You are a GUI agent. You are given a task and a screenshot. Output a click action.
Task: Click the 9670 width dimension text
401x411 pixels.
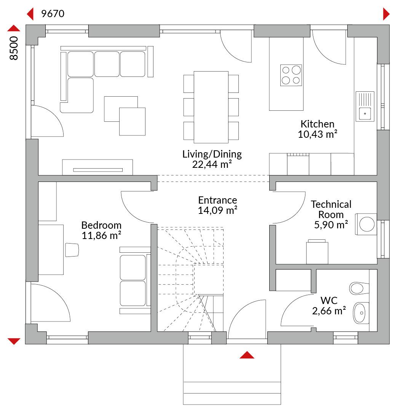tap(53, 14)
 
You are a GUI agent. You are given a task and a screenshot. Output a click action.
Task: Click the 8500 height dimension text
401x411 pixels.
tap(14, 48)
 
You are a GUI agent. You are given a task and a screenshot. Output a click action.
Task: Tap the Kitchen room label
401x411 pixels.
tap(317, 124)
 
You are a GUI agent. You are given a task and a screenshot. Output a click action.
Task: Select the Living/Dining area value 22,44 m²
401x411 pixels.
tap(212, 164)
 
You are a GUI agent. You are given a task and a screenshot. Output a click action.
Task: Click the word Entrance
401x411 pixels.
tap(217, 200)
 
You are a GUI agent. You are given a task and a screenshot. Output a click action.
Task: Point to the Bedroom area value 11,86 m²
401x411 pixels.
tap(101, 236)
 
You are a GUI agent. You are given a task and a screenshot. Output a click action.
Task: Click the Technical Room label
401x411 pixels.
tap(331, 209)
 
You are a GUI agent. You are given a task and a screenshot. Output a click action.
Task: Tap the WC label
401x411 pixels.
tap(329, 300)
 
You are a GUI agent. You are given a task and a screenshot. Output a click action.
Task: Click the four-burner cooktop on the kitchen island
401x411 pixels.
tap(291, 75)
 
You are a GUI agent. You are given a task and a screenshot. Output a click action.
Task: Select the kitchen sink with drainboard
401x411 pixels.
tap(365, 107)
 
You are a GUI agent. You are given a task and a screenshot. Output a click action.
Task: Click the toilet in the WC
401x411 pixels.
tap(359, 288)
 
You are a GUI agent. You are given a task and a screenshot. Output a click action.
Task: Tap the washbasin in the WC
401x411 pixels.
tap(361, 313)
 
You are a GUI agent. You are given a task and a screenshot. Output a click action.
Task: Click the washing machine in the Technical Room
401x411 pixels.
tap(366, 224)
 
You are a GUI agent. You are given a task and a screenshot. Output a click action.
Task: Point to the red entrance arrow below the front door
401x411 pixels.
tap(247, 355)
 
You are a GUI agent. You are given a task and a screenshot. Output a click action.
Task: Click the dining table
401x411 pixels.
tap(211, 107)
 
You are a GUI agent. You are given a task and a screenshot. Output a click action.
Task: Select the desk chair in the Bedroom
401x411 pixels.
tap(72, 250)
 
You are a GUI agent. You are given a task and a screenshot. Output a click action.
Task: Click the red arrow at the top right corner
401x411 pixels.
tap(386, 14)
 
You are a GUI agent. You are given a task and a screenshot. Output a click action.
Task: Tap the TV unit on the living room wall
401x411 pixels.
tap(97, 167)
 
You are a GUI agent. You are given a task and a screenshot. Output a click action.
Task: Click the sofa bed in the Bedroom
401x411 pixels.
tap(135, 280)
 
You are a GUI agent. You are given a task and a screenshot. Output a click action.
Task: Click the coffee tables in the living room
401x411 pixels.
tap(125, 116)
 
